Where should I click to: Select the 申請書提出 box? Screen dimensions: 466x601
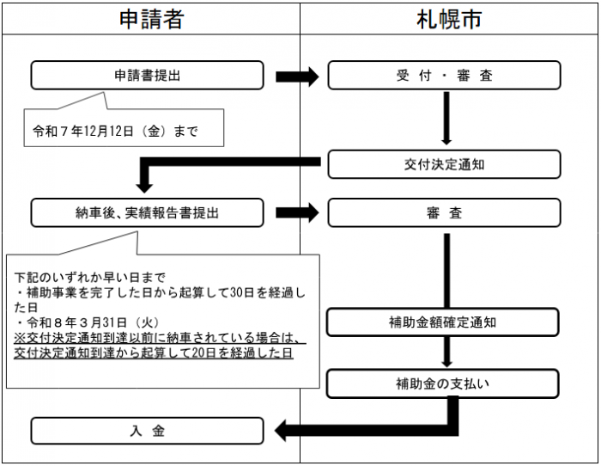[148, 76]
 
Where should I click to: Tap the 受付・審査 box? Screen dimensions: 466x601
[444, 76]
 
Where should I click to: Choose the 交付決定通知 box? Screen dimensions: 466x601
[444, 164]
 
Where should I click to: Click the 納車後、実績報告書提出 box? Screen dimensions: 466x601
[148, 212]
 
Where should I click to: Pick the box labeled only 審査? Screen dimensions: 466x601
[444, 212]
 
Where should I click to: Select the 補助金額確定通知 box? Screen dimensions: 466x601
[444, 322]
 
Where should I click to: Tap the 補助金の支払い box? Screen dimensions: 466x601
[444, 383]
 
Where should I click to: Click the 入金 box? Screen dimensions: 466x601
[148, 431]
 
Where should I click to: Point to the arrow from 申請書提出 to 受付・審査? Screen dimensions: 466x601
[297, 77]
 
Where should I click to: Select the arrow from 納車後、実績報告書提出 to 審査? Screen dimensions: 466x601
[297, 212]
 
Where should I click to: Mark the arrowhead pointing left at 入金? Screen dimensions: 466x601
[285, 430]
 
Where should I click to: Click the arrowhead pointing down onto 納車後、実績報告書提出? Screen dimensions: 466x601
[145, 183]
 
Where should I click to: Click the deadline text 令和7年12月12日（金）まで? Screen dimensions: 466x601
[115, 132]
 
